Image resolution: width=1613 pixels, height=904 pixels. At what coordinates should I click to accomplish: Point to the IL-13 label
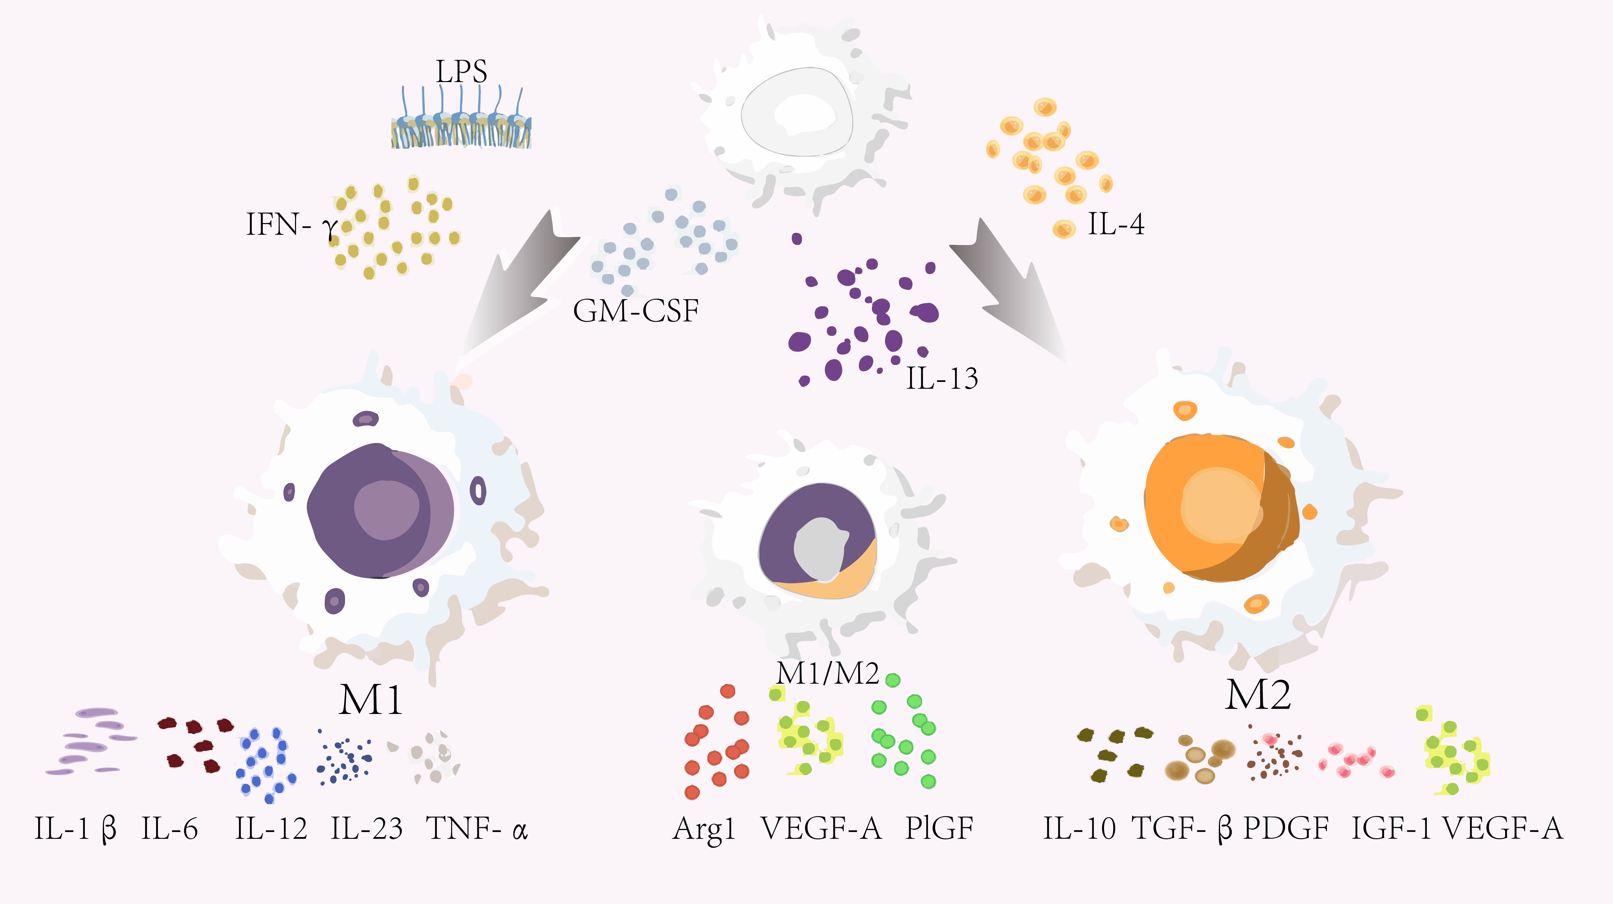(x=942, y=378)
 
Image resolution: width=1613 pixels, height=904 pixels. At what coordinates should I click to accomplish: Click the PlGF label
(x=939, y=829)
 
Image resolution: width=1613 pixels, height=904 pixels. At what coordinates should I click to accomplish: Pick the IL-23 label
(x=366, y=829)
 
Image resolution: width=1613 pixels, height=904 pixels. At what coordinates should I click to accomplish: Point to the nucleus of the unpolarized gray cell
(x=796, y=113)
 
